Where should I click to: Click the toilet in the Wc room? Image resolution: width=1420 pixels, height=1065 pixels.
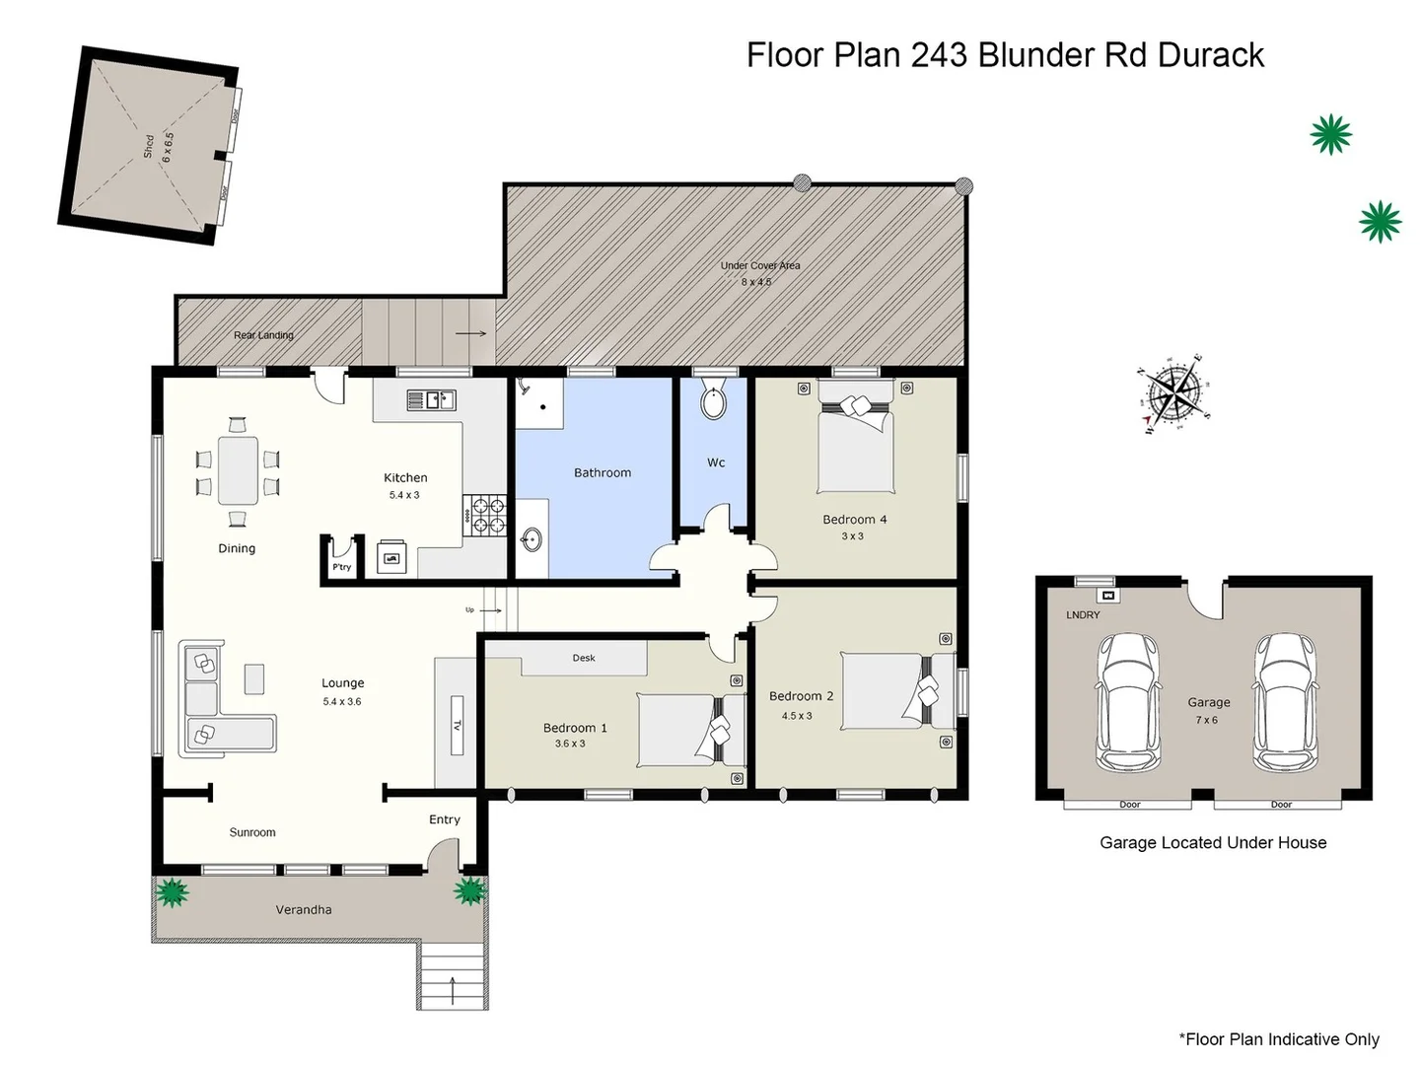click(x=713, y=402)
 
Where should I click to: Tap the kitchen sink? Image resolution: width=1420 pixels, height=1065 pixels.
click(x=431, y=400)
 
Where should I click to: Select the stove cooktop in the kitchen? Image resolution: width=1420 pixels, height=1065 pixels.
click(x=484, y=515)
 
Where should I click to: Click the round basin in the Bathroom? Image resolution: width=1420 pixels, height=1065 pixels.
click(x=532, y=538)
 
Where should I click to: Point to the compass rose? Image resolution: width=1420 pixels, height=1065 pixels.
click(x=1173, y=394)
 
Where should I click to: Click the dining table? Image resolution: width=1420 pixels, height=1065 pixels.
click(x=238, y=470)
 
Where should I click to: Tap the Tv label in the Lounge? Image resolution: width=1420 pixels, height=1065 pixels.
click(x=458, y=726)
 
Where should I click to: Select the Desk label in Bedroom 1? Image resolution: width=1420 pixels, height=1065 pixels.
click(x=584, y=658)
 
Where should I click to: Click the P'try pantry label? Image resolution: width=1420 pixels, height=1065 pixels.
click(x=341, y=567)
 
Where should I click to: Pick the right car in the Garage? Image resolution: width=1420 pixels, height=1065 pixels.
click(x=1284, y=700)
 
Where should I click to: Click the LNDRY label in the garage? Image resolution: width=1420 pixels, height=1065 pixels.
click(x=1083, y=614)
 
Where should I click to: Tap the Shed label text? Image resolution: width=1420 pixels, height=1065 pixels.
click(x=149, y=147)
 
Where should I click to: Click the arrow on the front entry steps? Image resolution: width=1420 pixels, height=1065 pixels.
click(x=453, y=989)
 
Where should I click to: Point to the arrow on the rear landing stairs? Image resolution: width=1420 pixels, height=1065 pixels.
click(x=471, y=333)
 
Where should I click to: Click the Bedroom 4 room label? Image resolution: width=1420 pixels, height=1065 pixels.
click(x=855, y=520)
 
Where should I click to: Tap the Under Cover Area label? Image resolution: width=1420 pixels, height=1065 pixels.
click(x=759, y=265)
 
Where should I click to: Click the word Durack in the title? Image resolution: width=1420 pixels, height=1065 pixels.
click(x=1210, y=55)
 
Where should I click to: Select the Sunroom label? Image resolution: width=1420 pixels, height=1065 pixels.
click(x=252, y=832)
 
